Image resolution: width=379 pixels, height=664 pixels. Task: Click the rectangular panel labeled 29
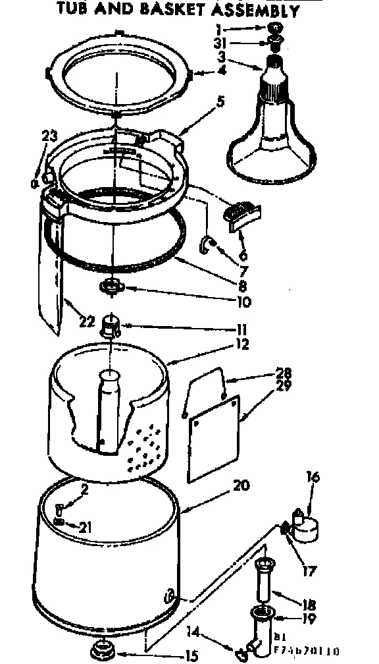click(213, 431)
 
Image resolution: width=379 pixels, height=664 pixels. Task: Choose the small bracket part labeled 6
click(243, 215)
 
